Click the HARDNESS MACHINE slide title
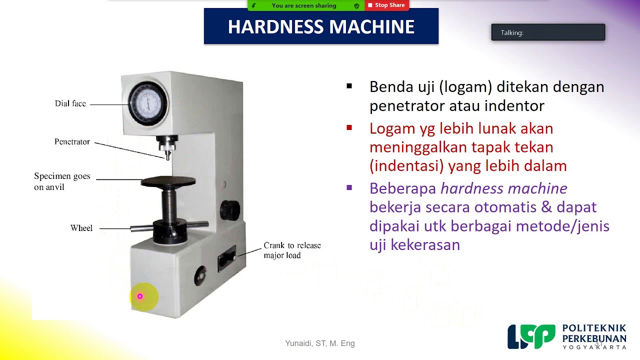(321, 27)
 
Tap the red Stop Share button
(386, 5)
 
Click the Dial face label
(70, 104)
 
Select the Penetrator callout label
(72, 142)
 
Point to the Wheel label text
(81, 228)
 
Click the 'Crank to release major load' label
(292, 250)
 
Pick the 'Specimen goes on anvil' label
(62, 181)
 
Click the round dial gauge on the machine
(148, 102)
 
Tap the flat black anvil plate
(167, 181)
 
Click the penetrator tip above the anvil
(167, 155)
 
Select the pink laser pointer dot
(140, 296)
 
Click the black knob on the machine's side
(230, 210)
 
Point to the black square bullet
(349, 86)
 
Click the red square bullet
(349, 128)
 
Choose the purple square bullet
(349, 188)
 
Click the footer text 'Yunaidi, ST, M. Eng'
(320, 343)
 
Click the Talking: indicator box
(548, 32)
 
